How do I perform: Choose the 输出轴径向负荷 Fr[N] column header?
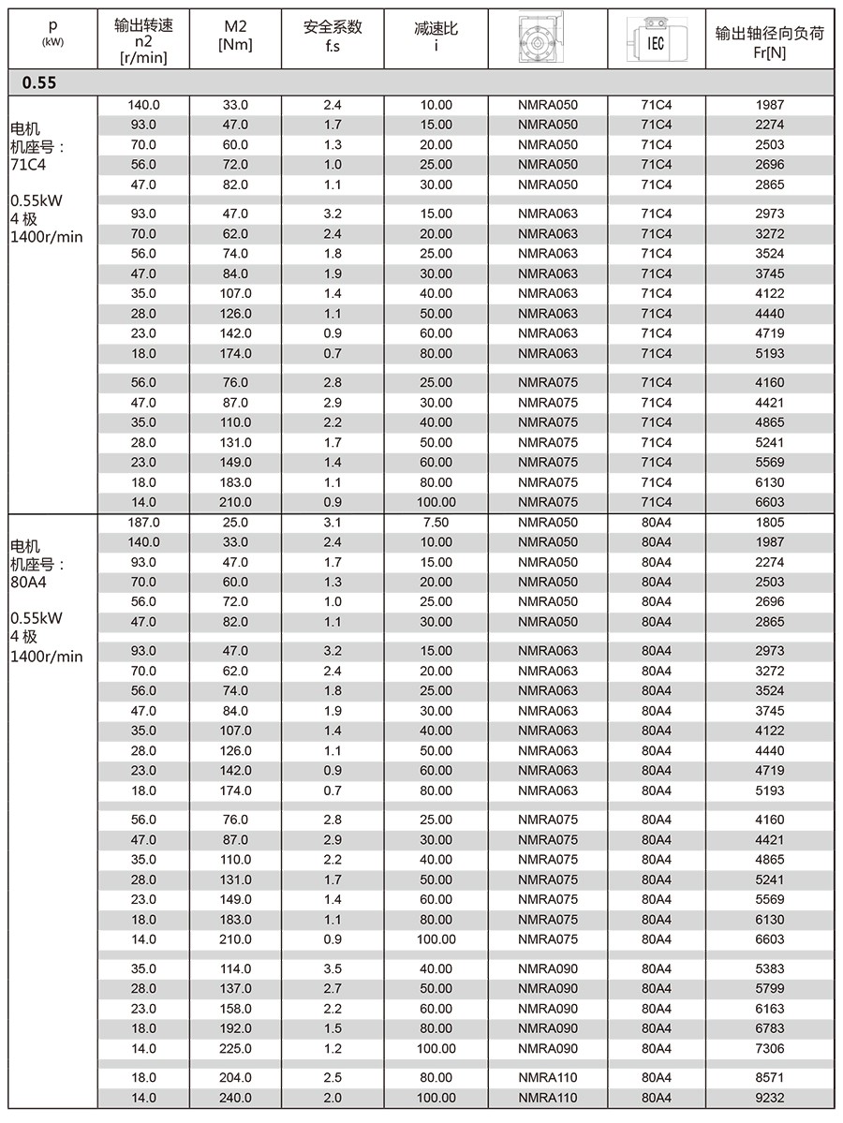click(769, 38)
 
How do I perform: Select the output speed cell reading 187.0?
click(143, 523)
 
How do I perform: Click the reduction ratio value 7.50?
click(436, 523)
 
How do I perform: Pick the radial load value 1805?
click(769, 523)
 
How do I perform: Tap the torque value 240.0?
click(235, 1098)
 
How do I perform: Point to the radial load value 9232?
click(769, 1098)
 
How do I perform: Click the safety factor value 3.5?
click(333, 968)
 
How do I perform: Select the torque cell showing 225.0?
click(235, 1049)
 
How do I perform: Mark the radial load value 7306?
click(769, 1049)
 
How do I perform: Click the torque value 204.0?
click(235, 1078)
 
